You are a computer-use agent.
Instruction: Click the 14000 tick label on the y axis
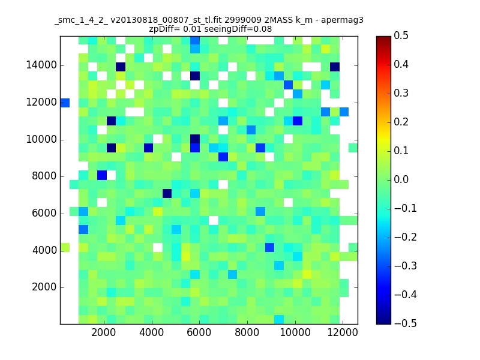(x=41, y=65)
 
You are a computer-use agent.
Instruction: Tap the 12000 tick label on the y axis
(x=41, y=102)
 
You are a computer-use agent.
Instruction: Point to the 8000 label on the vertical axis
(x=44, y=176)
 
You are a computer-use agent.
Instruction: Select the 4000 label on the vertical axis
(x=44, y=250)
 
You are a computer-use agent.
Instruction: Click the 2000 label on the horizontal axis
(x=104, y=332)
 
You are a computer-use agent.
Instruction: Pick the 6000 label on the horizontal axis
(x=199, y=332)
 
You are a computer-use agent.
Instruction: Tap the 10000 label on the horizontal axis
(x=295, y=332)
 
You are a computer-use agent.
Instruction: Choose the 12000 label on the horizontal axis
(x=343, y=332)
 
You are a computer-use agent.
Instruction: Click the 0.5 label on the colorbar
(x=401, y=35)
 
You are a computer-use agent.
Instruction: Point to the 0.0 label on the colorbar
(x=401, y=179)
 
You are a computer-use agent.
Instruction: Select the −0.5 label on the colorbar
(x=406, y=323)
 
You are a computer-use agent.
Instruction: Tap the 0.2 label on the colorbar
(x=401, y=122)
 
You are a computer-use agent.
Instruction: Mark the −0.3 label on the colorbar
(x=406, y=266)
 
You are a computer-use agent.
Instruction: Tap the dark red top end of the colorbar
(x=383, y=38)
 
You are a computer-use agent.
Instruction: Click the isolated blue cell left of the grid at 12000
(x=65, y=103)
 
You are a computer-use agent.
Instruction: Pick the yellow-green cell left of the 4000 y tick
(x=65, y=247)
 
